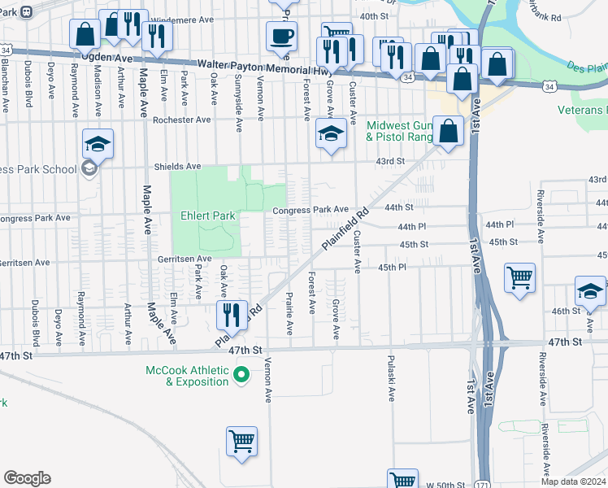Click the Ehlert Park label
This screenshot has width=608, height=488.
[207, 216]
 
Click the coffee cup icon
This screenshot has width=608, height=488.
[281, 37]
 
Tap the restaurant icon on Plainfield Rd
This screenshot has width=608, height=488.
[232, 314]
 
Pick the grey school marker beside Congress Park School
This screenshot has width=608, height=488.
[89, 169]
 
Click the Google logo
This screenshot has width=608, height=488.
[27, 477]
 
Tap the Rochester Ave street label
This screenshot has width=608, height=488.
[181, 120]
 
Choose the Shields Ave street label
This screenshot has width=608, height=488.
[178, 167]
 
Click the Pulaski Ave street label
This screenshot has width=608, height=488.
[391, 378]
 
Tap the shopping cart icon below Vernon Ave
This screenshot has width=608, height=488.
[241, 441]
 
